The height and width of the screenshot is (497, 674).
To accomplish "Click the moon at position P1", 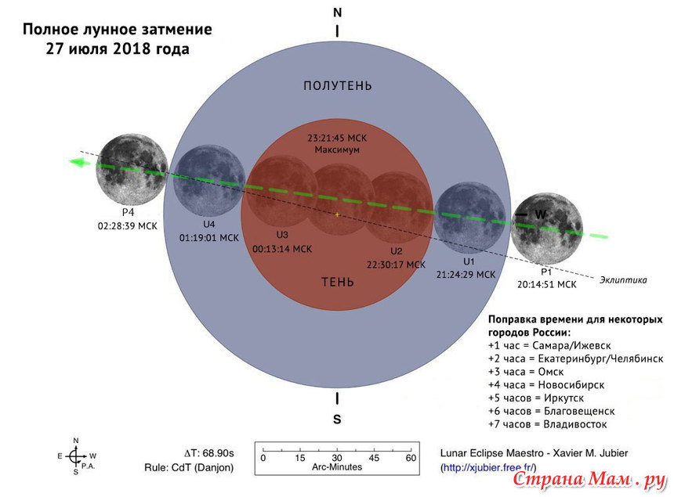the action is (x=546, y=229).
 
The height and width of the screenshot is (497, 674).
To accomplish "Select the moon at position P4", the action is (x=132, y=169).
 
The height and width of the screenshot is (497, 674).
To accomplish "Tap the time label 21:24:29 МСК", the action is (x=466, y=275).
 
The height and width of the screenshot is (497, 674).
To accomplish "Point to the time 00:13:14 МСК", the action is (x=282, y=249).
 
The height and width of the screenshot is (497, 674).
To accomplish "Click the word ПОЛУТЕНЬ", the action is (x=338, y=86).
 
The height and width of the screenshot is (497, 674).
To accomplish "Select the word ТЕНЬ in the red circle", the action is (x=338, y=282).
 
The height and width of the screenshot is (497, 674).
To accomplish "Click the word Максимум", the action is (x=337, y=149).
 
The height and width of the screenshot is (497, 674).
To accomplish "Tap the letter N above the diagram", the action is (x=338, y=13).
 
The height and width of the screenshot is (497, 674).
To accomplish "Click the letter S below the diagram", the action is (x=337, y=420).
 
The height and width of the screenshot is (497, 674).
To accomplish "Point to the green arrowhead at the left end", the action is (x=79, y=162).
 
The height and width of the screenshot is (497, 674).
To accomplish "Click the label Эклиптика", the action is (x=623, y=280).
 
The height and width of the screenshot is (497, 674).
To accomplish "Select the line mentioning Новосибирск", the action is (x=546, y=385).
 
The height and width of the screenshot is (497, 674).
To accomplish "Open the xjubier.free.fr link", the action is (x=489, y=467).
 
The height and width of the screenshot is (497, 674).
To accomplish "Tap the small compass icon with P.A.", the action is (x=76, y=456).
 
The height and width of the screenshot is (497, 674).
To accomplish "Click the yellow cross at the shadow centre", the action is (x=337, y=214).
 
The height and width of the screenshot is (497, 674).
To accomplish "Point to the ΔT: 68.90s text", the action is (x=209, y=453).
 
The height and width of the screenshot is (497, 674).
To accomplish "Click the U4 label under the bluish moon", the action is (x=209, y=225).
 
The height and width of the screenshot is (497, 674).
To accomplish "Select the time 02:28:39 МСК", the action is (x=127, y=225).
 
